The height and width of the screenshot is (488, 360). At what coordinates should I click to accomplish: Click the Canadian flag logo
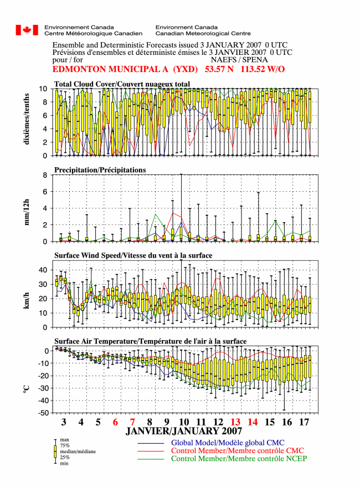point(27,30)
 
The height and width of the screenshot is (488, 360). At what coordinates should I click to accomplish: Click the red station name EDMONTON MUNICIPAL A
point(110,69)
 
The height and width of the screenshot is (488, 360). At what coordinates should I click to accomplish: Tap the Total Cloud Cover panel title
point(122,84)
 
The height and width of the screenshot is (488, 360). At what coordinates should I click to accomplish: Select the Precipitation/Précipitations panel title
point(100,170)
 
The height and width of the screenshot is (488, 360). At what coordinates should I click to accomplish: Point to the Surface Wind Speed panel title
point(133,255)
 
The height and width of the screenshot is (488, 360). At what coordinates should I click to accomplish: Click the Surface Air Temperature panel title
point(150,341)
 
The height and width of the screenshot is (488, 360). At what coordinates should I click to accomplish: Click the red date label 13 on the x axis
point(235,422)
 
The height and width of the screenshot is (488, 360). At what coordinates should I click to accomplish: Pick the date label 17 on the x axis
point(304,422)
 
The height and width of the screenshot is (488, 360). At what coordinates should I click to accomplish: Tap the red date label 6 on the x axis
point(115,422)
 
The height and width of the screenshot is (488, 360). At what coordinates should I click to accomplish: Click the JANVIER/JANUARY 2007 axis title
point(184,431)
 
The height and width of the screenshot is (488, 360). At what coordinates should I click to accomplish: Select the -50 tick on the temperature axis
point(43,413)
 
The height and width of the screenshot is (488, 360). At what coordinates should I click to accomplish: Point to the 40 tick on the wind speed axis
point(43,270)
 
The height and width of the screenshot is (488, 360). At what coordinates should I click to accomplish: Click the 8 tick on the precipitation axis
point(45,175)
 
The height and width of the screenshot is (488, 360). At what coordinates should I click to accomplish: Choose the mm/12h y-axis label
point(27,212)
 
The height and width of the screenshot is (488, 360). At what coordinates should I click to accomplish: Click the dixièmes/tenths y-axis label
point(27,119)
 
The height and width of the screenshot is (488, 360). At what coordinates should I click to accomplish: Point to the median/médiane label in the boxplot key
point(78,451)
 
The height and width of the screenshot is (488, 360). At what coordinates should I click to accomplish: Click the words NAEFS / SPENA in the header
point(239,60)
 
